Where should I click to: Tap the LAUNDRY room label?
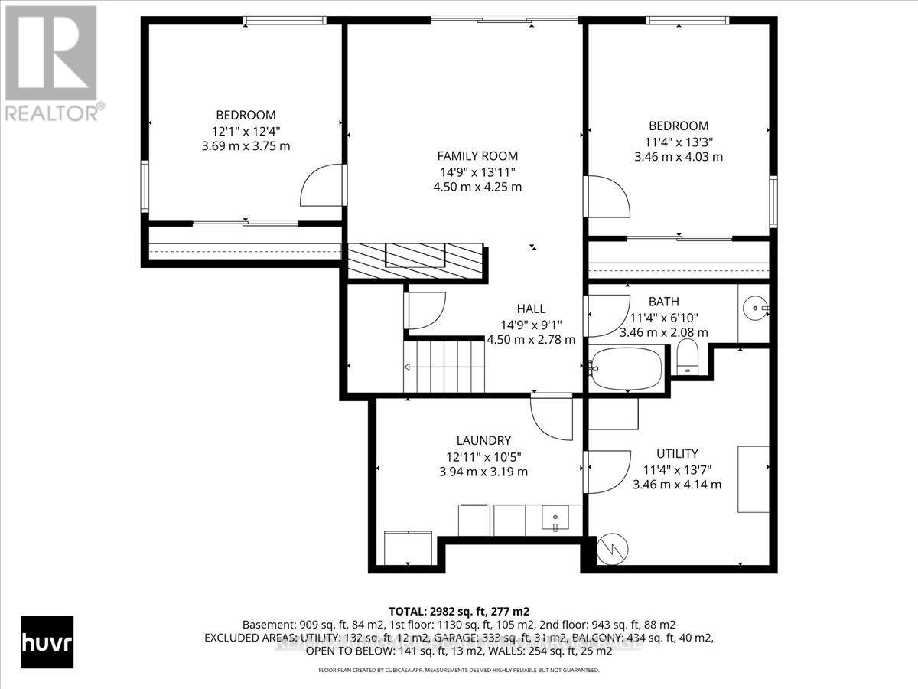[483, 440]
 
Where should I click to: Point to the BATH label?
[663, 302]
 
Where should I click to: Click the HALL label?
[531, 309]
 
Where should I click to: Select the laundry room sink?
[553, 520]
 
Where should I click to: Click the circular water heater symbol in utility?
[613, 548]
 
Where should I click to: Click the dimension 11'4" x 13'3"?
[678, 141]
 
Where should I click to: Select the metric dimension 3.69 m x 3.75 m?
[245, 145]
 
